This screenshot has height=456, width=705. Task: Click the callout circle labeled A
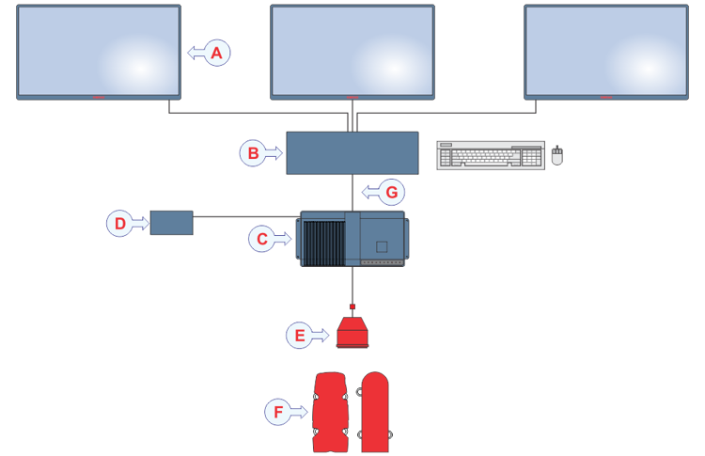click(x=217, y=54)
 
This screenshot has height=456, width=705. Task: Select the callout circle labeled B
click(x=251, y=152)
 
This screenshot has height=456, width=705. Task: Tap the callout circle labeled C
click(x=262, y=240)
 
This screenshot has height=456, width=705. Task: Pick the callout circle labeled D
click(x=119, y=223)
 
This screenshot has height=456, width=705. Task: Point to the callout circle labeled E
click(x=299, y=334)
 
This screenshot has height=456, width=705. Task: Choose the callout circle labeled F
click(x=278, y=412)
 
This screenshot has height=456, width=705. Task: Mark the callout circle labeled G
click(x=392, y=194)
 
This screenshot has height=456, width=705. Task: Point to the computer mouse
click(x=556, y=156)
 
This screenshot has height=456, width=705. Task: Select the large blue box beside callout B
click(x=352, y=152)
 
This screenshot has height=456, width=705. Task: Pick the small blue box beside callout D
click(x=171, y=223)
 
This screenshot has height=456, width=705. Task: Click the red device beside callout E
click(x=352, y=333)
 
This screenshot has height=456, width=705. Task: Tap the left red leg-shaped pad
click(x=331, y=412)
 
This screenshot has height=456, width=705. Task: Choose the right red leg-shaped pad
click(x=375, y=412)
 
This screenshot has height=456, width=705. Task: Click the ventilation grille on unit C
click(x=321, y=242)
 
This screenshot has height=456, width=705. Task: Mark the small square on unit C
click(x=382, y=246)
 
